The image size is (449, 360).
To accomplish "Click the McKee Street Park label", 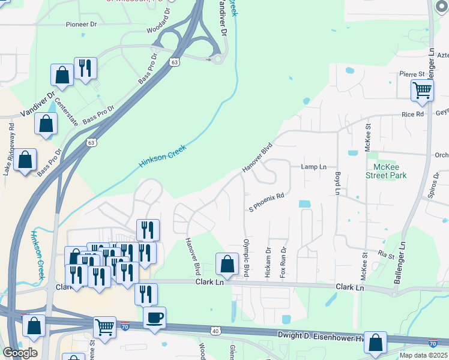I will point(387,171).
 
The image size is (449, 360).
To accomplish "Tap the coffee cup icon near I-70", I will point(154,316).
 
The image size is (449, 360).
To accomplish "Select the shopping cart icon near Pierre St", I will point(422,90).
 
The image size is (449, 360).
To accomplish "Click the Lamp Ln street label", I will point(314,167).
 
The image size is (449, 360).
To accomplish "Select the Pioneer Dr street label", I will point(81,25).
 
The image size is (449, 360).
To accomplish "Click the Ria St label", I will point(386,256).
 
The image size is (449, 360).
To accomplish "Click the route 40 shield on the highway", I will point(215,331).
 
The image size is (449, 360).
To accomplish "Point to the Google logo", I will point(19,353).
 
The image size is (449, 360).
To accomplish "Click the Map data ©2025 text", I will point(423,355).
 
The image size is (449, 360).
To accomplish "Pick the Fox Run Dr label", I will point(283,262).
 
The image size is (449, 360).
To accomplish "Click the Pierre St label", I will point(412,74).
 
